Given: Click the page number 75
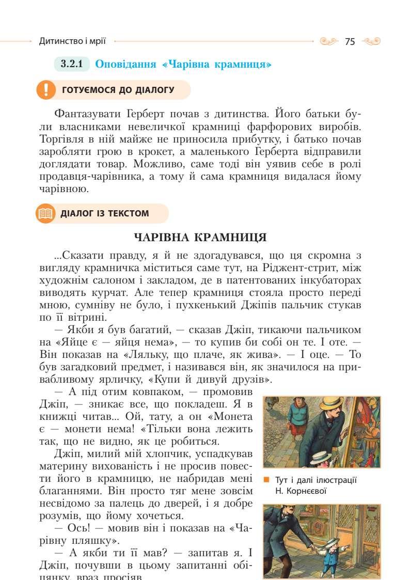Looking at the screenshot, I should [x=350, y=41].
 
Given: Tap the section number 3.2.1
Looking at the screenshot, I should [x=72, y=65].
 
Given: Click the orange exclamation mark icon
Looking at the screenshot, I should [x=46, y=90].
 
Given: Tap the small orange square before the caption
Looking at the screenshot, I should [x=266, y=480].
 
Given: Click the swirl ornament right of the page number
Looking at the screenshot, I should [x=371, y=41].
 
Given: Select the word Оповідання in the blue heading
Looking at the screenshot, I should [x=127, y=65].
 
